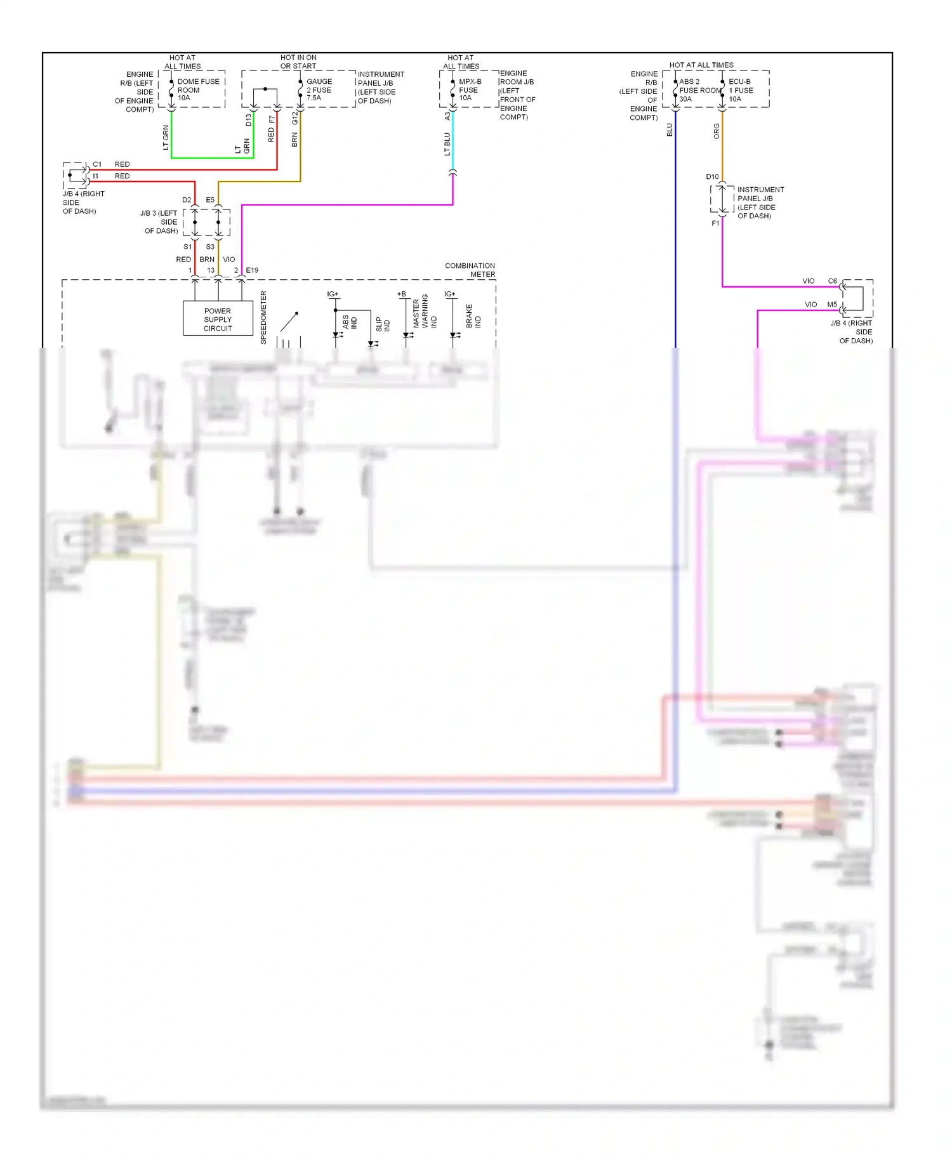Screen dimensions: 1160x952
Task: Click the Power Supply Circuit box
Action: tap(218, 319)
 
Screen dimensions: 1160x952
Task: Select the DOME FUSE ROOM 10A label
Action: tap(197, 89)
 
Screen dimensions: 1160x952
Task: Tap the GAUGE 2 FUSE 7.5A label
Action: tap(319, 89)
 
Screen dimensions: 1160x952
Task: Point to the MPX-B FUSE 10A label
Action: tap(470, 89)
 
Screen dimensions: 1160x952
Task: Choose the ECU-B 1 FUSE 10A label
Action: tap(740, 90)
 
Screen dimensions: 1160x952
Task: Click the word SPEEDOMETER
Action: tap(263, 317)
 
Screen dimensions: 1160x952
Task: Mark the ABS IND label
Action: tap(350, 322)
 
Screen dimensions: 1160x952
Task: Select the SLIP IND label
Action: tap(383, 324)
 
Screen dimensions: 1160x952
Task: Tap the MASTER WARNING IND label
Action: tap(425, 312)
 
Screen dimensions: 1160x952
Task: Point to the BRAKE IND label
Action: tap(473, 315)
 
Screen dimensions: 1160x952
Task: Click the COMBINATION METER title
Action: tap(470, 270)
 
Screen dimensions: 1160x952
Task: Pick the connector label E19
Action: tap(252, 270)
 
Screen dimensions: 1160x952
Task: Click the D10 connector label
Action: tap(712, 177)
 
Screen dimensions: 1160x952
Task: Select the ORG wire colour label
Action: tap(717, 131)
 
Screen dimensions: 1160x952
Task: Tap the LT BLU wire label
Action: tap(447, 144)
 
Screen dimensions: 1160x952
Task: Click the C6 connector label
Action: tap(832, 281)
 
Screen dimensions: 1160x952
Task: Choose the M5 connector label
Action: tap(831, 305)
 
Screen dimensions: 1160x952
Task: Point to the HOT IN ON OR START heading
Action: tap(298, 62)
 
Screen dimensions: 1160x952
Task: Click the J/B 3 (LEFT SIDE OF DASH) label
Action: tap(160, 222)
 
